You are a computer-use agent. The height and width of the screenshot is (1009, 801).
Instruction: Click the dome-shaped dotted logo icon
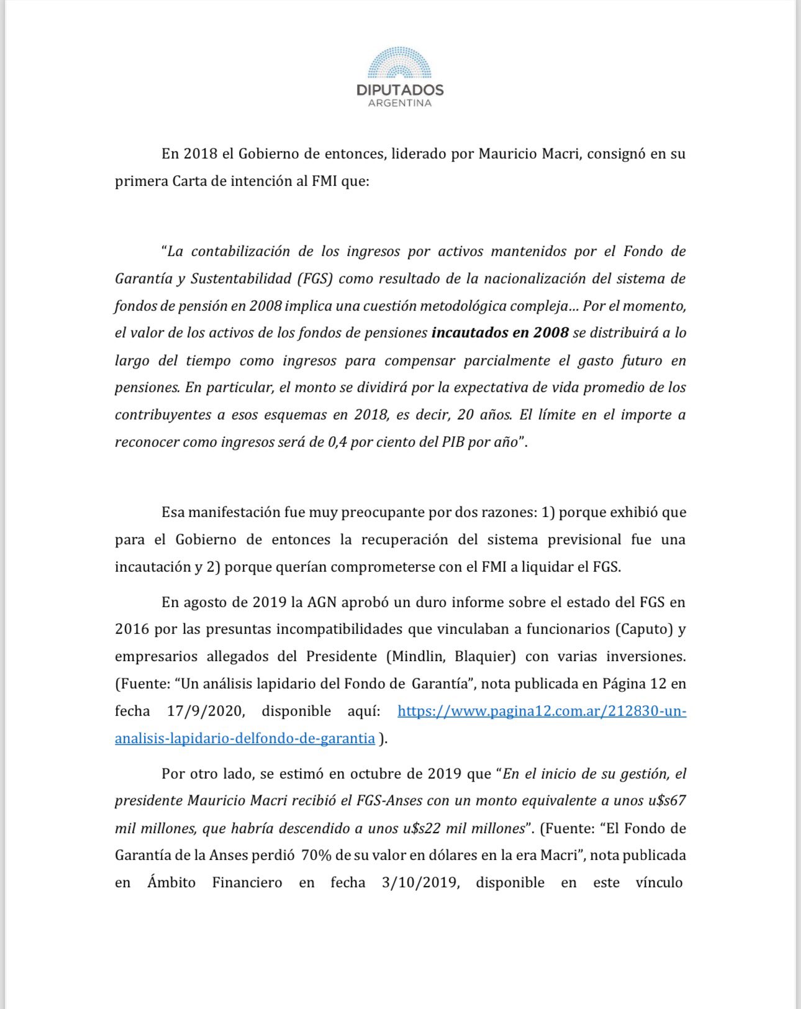[x=399, y=64]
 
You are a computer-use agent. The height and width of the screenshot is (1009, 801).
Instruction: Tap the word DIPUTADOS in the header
[x=400, y=90]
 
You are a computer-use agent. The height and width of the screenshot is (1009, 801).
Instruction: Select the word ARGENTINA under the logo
[x=400, y=103]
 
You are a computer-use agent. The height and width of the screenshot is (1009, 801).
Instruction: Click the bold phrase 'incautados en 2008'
[x=500, y=332]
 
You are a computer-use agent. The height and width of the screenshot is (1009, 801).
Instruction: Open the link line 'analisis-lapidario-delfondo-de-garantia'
[x=245, y=738]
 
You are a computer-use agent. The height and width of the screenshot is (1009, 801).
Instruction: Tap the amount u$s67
[x=667, y=800]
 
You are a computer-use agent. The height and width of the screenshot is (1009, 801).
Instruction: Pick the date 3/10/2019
[x=421, y=883]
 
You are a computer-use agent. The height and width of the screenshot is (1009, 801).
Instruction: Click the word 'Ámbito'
[x=171, y=883]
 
